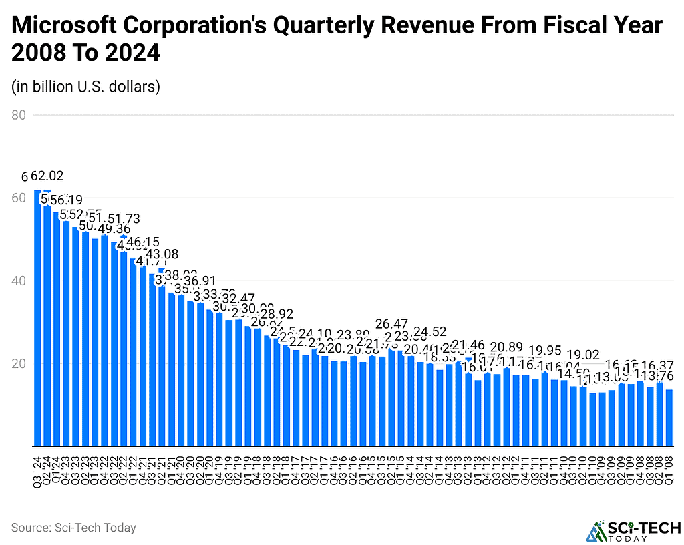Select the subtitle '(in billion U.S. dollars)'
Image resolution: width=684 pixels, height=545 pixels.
click(85, 87)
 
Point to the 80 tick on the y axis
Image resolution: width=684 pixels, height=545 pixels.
click(19, 115)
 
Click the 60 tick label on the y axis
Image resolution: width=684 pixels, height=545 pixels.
click(19, 198)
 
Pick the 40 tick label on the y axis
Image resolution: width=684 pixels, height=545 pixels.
click(19, 281)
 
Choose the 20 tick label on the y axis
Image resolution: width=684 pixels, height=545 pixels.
click(19, 363)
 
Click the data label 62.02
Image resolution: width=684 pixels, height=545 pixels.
click(48, 177)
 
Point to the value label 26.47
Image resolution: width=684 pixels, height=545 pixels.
click(391, 323)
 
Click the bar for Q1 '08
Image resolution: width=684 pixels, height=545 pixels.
click(670, 418)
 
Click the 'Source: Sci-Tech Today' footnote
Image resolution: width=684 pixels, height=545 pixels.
click(73, 528)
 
